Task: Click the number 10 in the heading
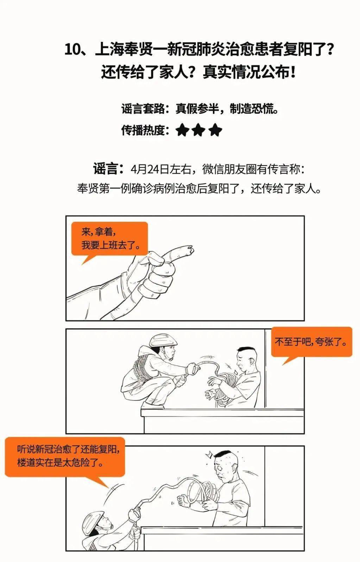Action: coord(73,50)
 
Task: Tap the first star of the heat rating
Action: coord(182,131)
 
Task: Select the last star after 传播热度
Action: coord(215,131)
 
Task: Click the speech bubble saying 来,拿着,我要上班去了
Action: coord(109,239)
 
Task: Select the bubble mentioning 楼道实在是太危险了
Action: coord(65,456)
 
